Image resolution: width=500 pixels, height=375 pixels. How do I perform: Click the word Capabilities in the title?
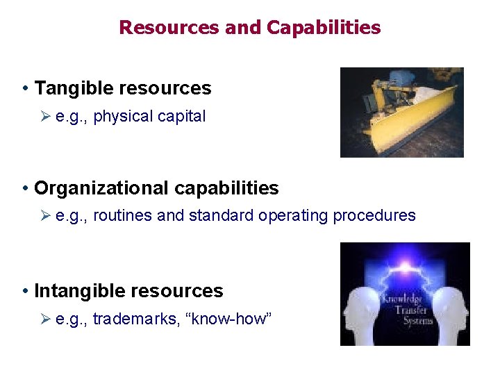tap(324, 28)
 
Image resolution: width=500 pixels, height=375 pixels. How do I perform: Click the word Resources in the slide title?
tap(169, 28)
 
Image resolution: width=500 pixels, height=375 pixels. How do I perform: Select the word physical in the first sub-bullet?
tap(120, 117)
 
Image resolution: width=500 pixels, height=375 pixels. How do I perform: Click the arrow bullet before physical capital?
tap(45, 117)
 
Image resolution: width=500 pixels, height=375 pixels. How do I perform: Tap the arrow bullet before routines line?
tap(45, 216)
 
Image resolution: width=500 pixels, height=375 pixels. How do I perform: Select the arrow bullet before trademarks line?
tap(45, 319)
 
